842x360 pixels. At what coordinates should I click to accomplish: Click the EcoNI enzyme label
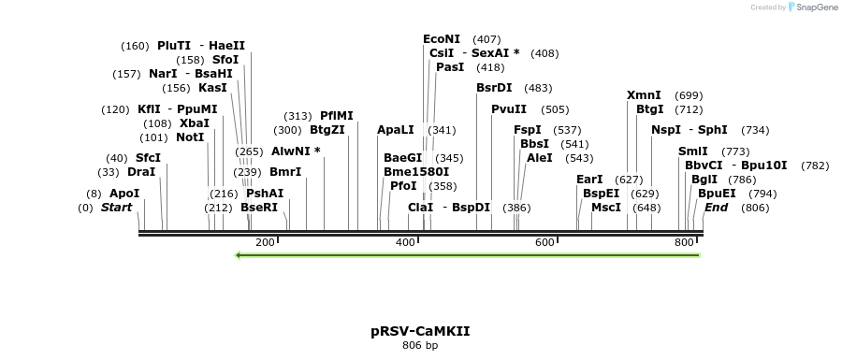click(442, 39)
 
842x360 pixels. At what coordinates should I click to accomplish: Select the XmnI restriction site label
click(644, 95)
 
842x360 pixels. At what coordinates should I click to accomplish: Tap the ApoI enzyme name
click(124, 194)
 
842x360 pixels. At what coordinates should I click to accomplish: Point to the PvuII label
click(509, 109)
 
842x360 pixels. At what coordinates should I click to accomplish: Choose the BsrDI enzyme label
click(494, 88)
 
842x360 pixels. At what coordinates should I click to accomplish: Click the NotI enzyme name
click(190, 137)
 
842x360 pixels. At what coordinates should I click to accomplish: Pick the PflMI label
click(337, 116)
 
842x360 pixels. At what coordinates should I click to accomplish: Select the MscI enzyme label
click(606, 208)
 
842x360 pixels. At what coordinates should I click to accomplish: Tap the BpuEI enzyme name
click(717, 194)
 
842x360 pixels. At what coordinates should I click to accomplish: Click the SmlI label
click(693, 151)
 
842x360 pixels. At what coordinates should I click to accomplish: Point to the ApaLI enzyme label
click(395, 130)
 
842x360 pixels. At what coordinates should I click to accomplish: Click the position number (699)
click(689, 95)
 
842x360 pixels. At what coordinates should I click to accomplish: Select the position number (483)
click(538, 88)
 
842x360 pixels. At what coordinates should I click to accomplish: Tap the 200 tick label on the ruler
click(265, 243)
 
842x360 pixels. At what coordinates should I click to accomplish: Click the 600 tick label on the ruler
click(545, 243)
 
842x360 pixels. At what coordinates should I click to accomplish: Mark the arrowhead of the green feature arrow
click(240, 254)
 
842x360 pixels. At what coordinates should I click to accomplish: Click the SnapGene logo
click(811, 7)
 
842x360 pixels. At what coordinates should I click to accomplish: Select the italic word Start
click(117, 208)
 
